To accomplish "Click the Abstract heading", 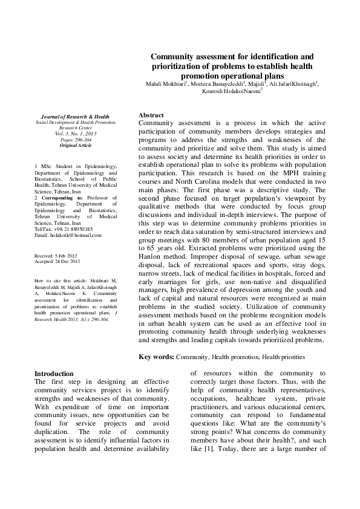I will coord(151,115).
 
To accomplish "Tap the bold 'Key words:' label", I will coord(157,357).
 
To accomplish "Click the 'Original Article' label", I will coord(75,146).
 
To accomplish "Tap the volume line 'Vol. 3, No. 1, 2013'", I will coord(75,134).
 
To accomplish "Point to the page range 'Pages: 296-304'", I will coord(75,140).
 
